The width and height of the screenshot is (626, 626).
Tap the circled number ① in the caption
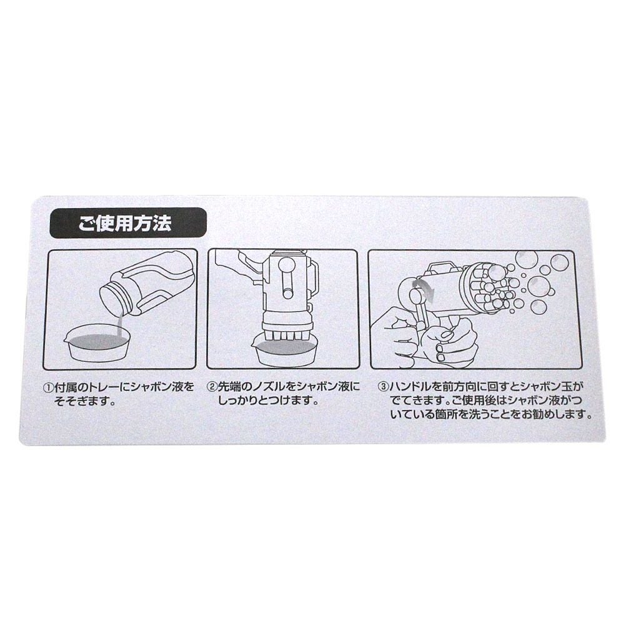pyautogui.click(x=49, y=387)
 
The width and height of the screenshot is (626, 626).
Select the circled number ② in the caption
pyautogui.click(x=212, y=387)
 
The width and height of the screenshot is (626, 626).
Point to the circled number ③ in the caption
pyautogui.click(x=382, y=387)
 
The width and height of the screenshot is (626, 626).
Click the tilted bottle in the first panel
pyautogui.click(x=147, y=286)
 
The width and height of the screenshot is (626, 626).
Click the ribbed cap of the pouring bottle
pyautogui.click(x=113, y=298)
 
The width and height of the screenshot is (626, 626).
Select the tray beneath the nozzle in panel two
pyautogui.click(x=284, y=351)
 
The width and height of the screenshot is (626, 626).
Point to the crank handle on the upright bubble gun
pyautogui.click(x=286, y=279)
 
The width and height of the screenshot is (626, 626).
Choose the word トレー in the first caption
pyautogui.click(x=98, y=387)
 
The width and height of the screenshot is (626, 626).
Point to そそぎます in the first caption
pyautogui.click(x=84, y=401)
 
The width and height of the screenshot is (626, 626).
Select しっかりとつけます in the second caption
pyautogui.click(x=267, y=401)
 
